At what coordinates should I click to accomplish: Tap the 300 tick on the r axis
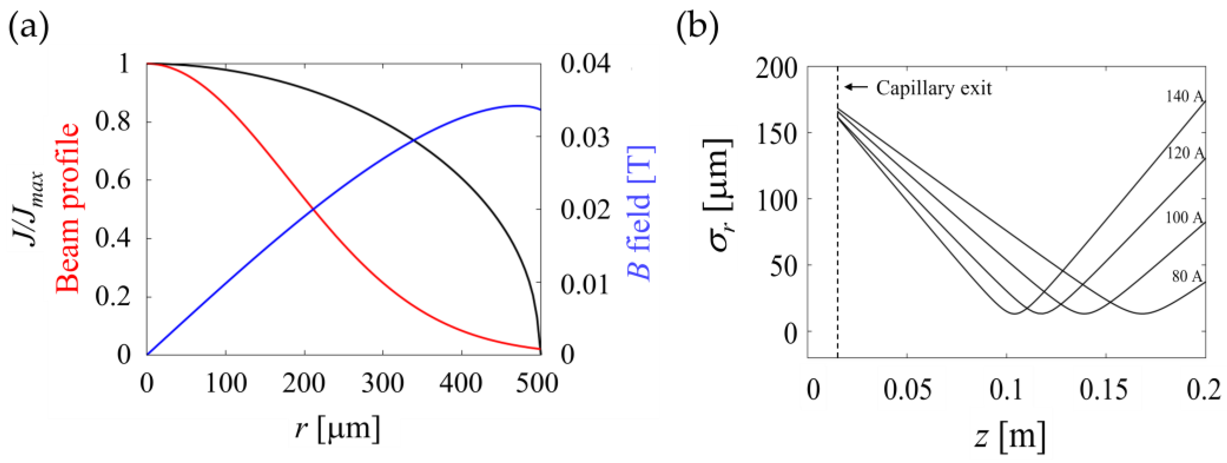pos(383,383)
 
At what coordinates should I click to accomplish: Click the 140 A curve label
pos(1184,96)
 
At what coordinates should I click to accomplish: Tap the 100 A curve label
pos(1184,217)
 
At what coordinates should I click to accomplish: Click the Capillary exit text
pos(934,88)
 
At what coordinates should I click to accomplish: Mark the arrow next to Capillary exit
pos(856,87)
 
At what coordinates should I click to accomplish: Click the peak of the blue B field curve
pos(516,106)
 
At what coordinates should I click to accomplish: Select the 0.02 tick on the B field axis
pos(585,210)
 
